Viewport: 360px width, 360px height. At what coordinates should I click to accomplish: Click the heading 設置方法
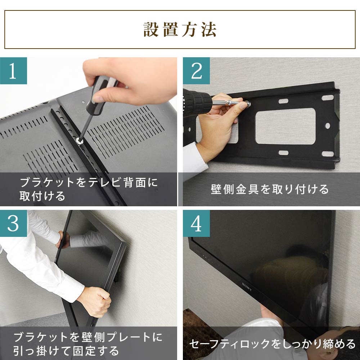tap(180, 30)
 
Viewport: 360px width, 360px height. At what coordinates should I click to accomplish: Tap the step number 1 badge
tap(13, 71)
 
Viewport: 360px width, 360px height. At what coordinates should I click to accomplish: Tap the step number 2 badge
tap(196, 71)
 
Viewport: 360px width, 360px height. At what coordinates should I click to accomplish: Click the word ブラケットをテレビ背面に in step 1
tap(89, 183)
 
